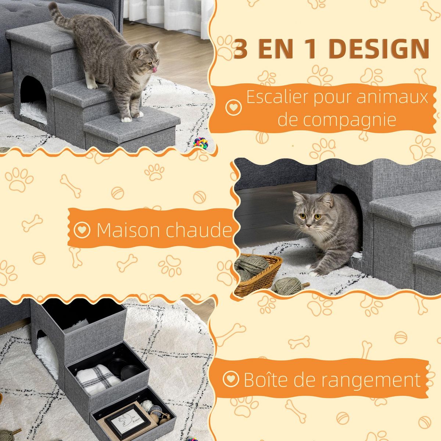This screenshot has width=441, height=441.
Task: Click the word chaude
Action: coord(199,230)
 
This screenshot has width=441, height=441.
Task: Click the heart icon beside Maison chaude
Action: coord(82,230)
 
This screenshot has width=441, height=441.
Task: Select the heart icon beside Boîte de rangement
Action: coord(231,378)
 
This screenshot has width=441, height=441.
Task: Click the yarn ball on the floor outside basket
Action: coord(287,286)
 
